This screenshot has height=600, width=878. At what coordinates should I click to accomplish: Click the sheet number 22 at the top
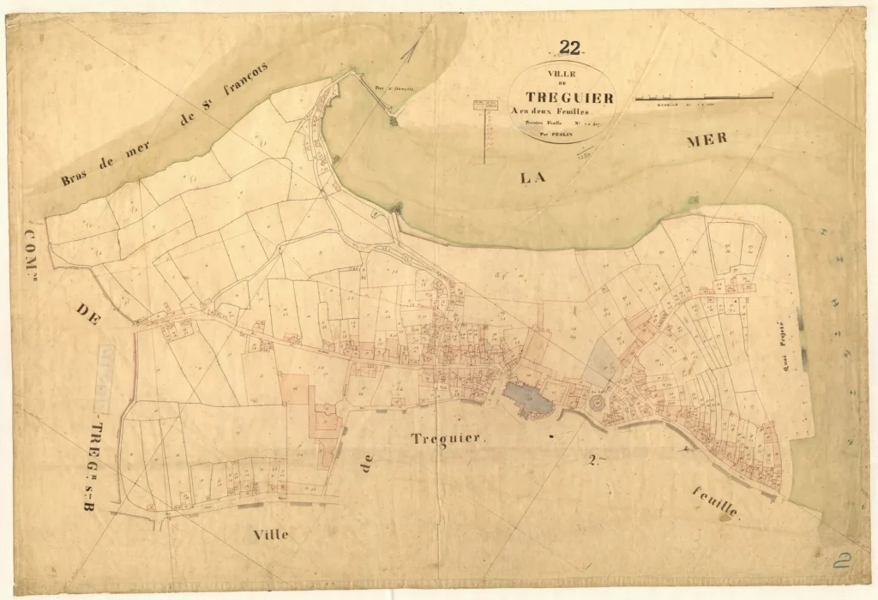click(x=569, y=48)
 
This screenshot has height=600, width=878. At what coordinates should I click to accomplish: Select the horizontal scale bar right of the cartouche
click(x=703, y=99)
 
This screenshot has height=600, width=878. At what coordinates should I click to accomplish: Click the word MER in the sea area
click(x=707, y=141)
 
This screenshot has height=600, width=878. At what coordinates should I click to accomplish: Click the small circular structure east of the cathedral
click(x=595, y=402)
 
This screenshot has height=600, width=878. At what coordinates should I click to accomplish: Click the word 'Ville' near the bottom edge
click(x=271, y=534)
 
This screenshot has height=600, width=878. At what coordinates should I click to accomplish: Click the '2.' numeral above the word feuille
click(x=592, y=462)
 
